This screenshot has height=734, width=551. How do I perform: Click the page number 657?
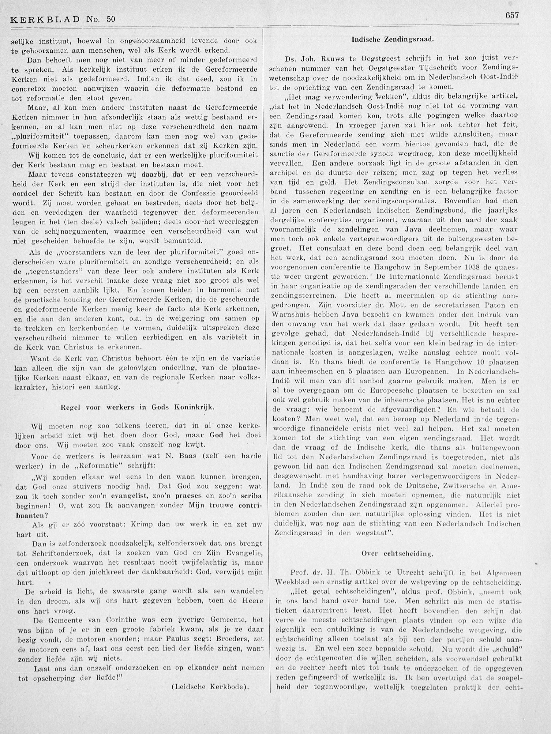coord(512,24)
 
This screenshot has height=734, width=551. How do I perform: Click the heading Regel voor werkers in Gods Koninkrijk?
coord(137,408)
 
